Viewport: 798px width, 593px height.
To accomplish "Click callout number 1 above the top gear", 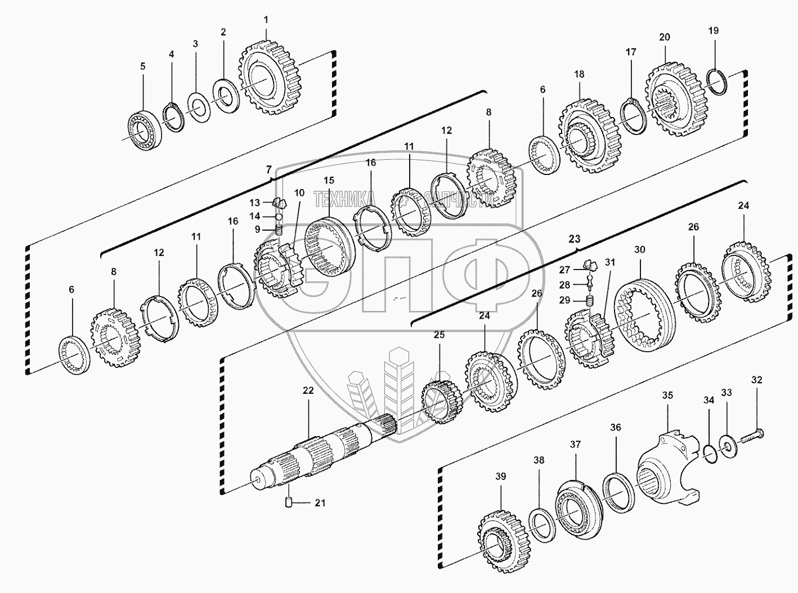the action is (266, 20).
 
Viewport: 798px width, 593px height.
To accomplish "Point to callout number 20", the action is (664, 37).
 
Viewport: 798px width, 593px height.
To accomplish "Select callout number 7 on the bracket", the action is (268, 169).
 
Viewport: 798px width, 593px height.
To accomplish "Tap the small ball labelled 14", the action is (278, 217).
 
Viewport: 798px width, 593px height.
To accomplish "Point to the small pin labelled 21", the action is (289, 502).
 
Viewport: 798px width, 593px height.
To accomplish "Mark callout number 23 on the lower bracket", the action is (574, 239).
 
